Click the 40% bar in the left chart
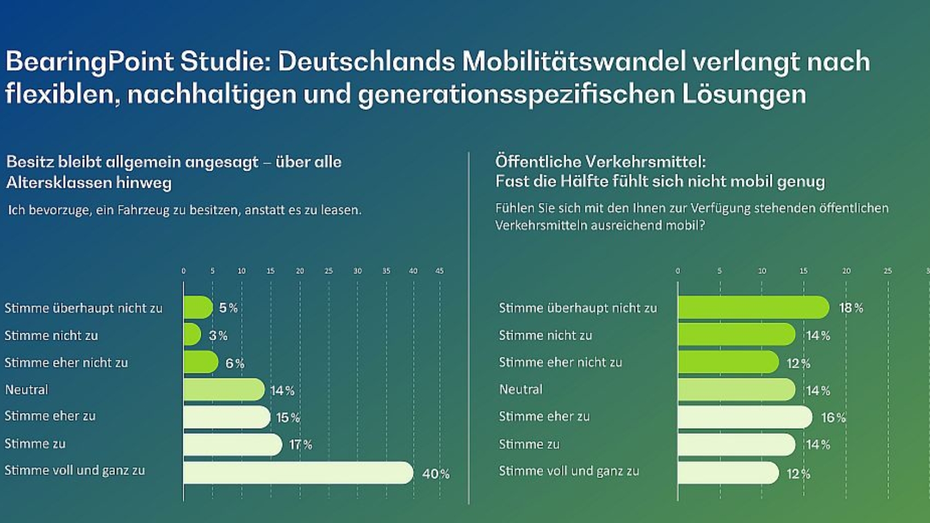298,473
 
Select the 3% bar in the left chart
192,335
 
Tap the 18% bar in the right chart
753,307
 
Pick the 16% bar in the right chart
745,417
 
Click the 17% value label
300,445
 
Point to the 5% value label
228,308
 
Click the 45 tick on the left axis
439,271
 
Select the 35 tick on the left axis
386,271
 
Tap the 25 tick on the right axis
887,271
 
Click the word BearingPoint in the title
89,61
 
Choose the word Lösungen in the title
743,94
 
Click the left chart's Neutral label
26,390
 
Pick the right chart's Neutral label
520,390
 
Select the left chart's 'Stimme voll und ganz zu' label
74,470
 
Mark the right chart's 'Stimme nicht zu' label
545,335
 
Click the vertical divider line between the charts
469,328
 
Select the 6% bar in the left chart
201,362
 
